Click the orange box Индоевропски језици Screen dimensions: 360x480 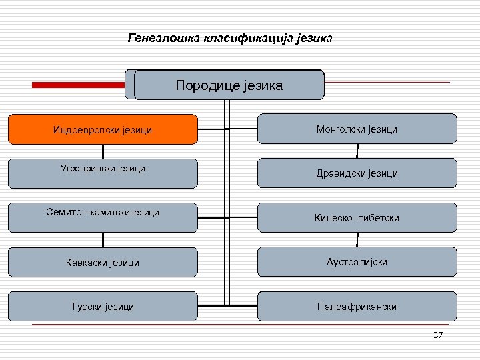[x=103, y=129]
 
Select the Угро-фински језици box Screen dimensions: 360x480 [x=103, y=173]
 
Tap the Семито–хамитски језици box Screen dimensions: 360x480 [x=103, y=217]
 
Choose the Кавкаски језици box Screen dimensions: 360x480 [x=103, y=262]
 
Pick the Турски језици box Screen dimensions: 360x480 [x=103, y=307]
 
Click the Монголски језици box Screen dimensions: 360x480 [x=357, y=129]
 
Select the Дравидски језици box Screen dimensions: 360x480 [x=357, y=173]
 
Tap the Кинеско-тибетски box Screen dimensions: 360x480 [x=357, y=217]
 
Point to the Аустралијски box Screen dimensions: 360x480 [x=357, y=262]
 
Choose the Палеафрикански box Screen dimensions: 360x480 [x=357, y=307]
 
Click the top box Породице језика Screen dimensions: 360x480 [x=229, y=85]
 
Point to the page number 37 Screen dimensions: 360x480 [x=438, y=335]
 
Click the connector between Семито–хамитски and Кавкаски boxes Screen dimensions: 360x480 [x=103, y=239]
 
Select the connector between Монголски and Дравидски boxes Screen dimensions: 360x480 [x=358, y=151]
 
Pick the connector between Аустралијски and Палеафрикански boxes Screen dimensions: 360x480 [x=358, y=284]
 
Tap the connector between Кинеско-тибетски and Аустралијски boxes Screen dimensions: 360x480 [x=358, y=239]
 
